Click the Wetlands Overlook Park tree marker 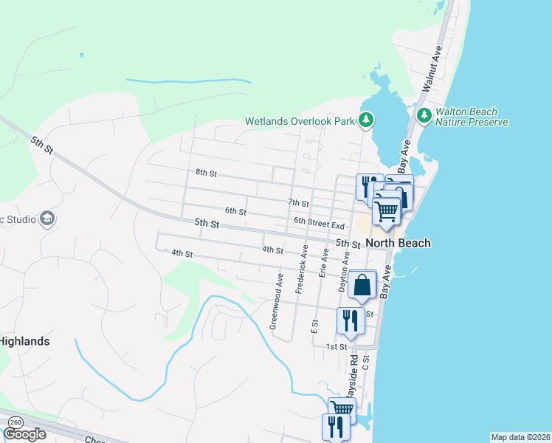pos(367,120)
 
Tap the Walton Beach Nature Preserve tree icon pos(424,115)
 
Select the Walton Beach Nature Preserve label pos(472,117)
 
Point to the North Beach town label pos(398,243)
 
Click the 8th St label pos(206,174)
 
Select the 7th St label pos(297,202)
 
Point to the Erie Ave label pos(322,263)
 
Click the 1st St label pos(337,346)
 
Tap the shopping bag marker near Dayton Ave pos(362,285)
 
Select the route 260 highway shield pos(15,422)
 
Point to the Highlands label pos(24,341)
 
